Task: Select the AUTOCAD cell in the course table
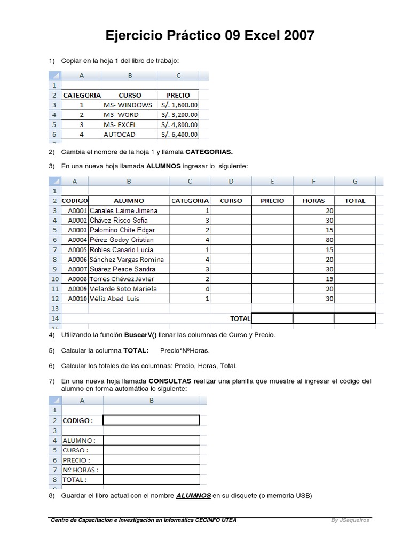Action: [120, 135]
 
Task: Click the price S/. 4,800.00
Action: [179, 124]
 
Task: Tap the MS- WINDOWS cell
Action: [128, 105]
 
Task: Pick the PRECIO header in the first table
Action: [178, 95]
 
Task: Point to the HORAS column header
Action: [313, 201]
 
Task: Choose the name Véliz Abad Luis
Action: [114, 299]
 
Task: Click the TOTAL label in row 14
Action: [240, 318]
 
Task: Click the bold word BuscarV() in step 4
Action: [141, 335]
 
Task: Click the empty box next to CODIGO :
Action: [151, 420]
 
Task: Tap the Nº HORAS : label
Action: [81, 470]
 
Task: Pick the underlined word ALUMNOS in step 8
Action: [193, 495]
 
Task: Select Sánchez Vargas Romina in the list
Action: [127, 260]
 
